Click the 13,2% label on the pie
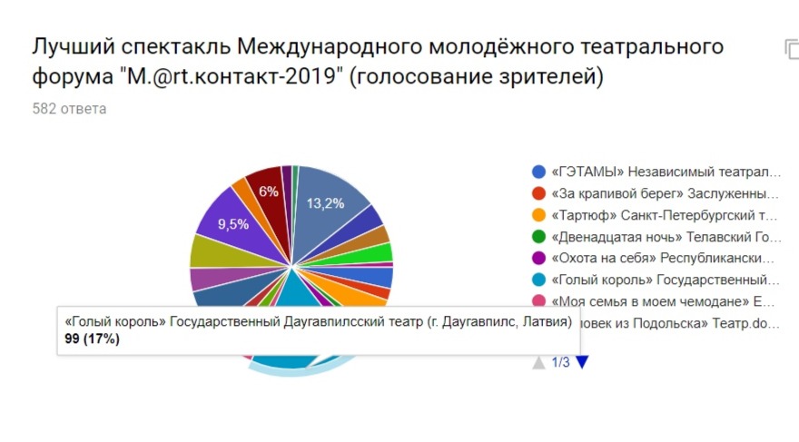click(325, 203)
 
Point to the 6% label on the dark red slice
click(269, 192)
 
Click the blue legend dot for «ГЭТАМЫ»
click(538, 172)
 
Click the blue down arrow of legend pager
click(582, 362)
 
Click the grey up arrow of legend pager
click(539, 362)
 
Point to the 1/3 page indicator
click(560, 362)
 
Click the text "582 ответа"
click(69, 109)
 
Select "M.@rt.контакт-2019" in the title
click(232, 77)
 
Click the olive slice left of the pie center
click(211, 250)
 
